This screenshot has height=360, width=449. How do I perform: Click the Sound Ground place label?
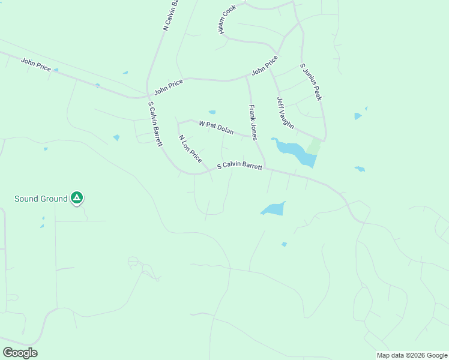[x=41, y=199]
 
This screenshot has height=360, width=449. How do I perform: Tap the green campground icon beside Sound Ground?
[x=76, y=197]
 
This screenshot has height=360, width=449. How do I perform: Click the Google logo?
[x=20, y=353]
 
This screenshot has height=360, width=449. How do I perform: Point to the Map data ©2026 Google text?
[x=412, y=355]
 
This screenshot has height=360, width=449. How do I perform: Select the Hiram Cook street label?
[x=228, y=20]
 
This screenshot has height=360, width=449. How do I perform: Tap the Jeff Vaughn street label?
[x=285, y=113]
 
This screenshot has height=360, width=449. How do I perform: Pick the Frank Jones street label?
[x=253, y=122]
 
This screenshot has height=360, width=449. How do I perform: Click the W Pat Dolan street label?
[x=215, y=127]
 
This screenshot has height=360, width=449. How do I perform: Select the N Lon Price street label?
[x=190, y=149]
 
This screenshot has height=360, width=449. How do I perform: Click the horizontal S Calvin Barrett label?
[x=240, y=166]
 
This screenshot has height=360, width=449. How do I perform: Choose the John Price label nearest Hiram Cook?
[x=265, y=65]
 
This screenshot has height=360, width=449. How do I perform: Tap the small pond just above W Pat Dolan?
[x=212, y=112]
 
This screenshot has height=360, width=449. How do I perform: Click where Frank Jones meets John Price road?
[x=247, y=77]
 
